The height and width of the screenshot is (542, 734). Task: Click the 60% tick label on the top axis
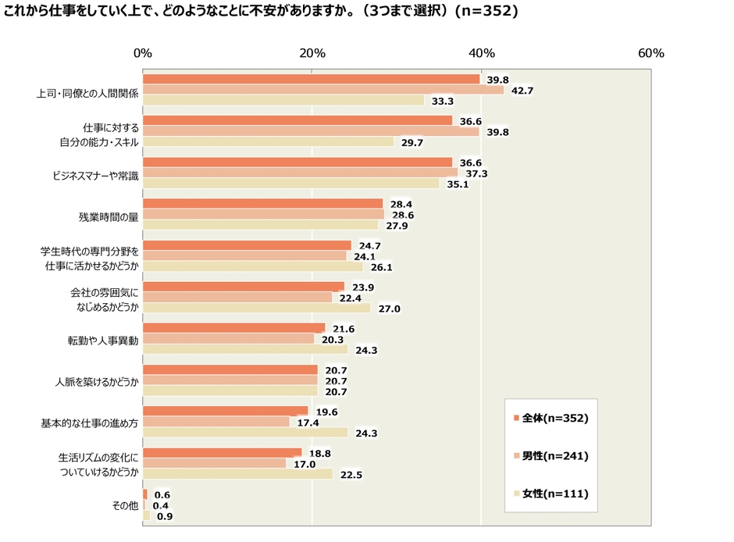point(650,54)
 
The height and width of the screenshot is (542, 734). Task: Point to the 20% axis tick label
point(312,54)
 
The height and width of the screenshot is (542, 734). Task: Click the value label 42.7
point(521,91)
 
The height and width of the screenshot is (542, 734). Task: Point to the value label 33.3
point(443,102)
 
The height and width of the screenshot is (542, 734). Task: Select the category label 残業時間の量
point(109,216)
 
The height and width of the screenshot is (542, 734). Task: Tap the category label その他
point(126,506)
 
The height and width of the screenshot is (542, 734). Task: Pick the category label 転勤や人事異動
point(103,341)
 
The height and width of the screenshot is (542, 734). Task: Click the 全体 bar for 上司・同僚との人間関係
point(311,79)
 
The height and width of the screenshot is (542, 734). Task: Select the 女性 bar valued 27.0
point(257,308)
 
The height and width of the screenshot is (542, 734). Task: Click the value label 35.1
point(458,184)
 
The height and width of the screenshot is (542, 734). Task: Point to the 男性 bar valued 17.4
point(216,422)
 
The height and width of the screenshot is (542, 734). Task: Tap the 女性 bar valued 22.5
point(237,474)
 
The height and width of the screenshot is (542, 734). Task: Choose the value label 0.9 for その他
point(165,516)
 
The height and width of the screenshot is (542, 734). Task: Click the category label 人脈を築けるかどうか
point(97,383)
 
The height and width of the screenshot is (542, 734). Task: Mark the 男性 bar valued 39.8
point(311,131)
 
